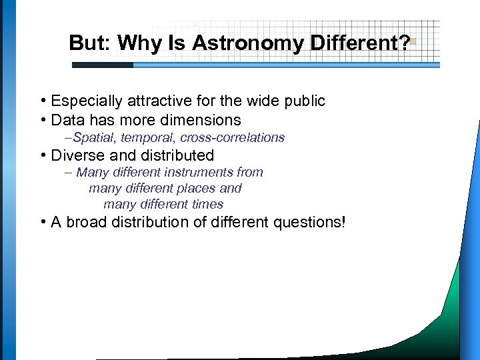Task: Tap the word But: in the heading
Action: click(91, 43)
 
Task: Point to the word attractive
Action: click(151, 101)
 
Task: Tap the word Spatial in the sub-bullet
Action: click(95, 138)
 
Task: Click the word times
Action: click(207, 205)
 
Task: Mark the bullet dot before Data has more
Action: click(42, 121)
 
